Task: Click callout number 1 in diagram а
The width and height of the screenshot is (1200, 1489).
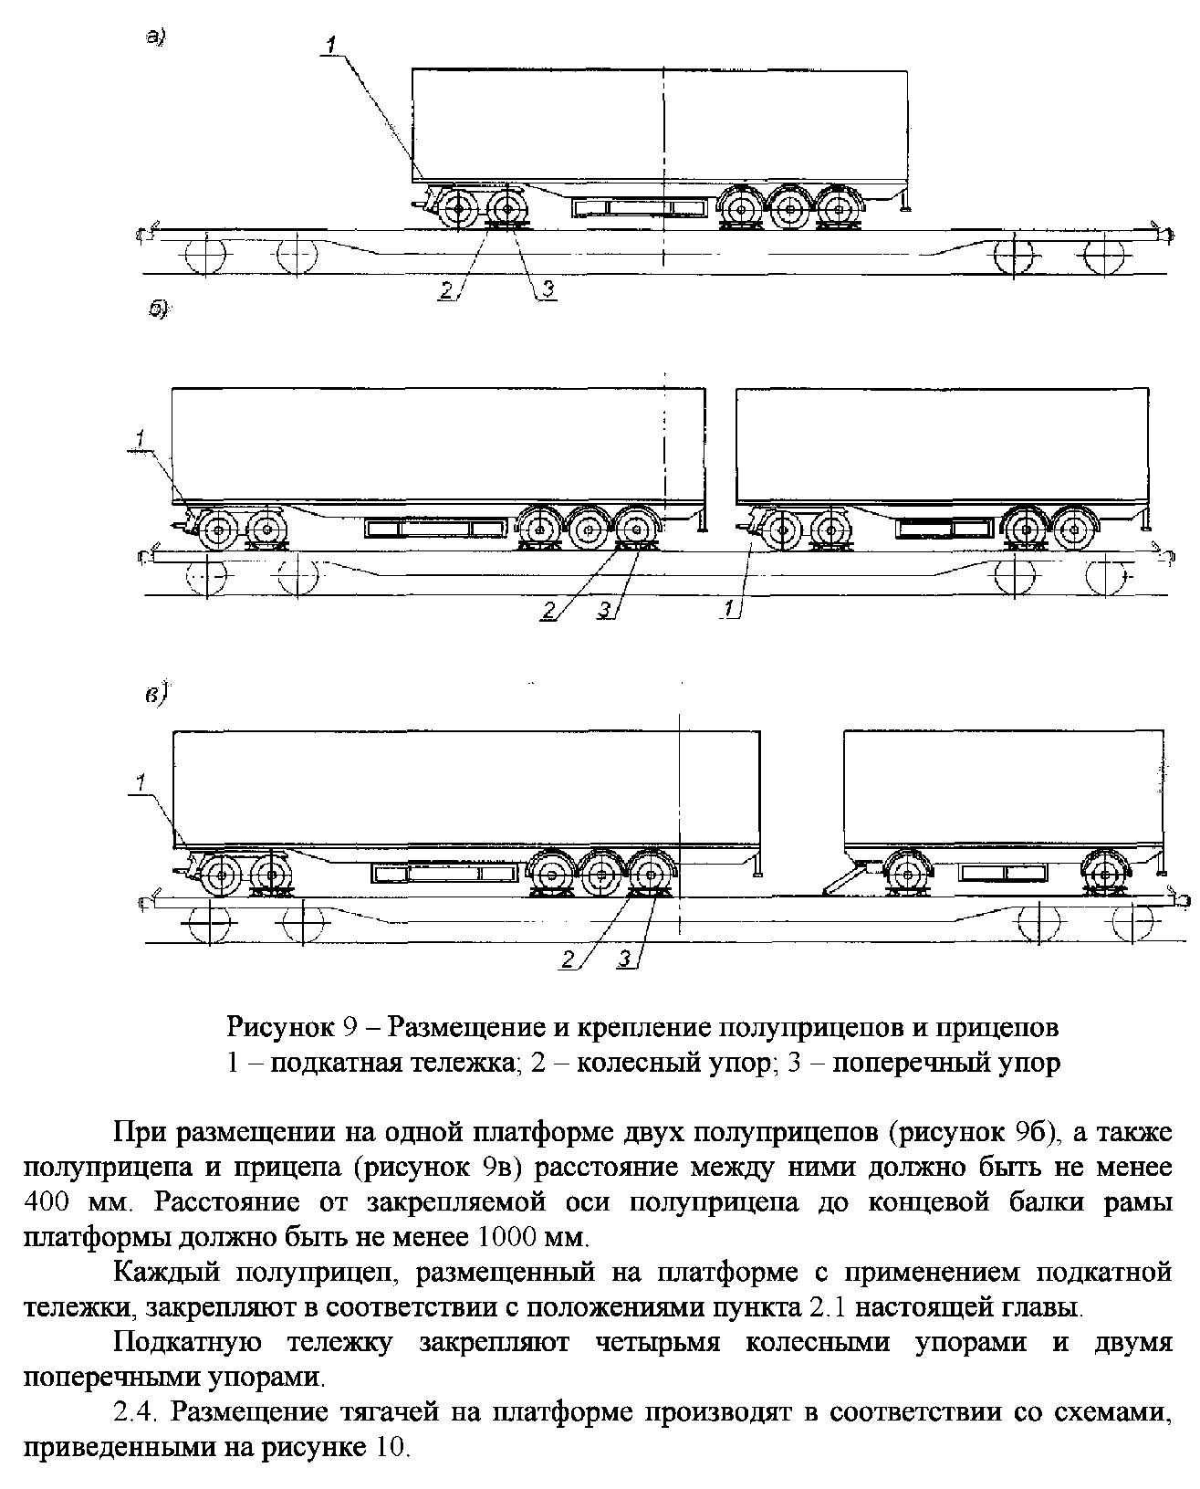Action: click(331, 45)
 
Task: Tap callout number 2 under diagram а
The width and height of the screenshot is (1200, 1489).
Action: click(447, 290)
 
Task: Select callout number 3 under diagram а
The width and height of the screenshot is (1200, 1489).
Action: click(548, 288)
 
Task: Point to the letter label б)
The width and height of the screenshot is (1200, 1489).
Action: click(159, 309)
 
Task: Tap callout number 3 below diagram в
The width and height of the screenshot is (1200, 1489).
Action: click(624, 959)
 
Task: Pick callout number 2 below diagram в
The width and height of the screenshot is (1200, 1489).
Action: click(568, 959)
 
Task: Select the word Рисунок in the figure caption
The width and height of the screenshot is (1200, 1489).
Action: click(280, 1027)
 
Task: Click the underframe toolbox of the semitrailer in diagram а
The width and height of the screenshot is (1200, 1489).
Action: click(640, 207)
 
